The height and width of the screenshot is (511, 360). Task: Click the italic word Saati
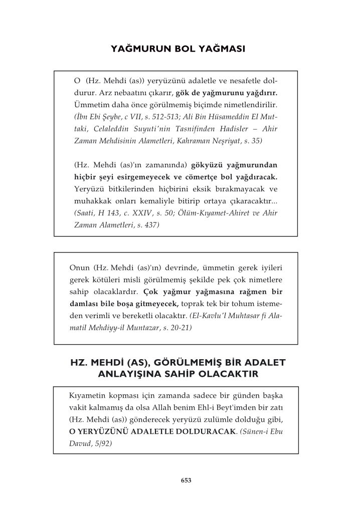(84, 213)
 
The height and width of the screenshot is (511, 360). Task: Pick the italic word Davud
(80, 443)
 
